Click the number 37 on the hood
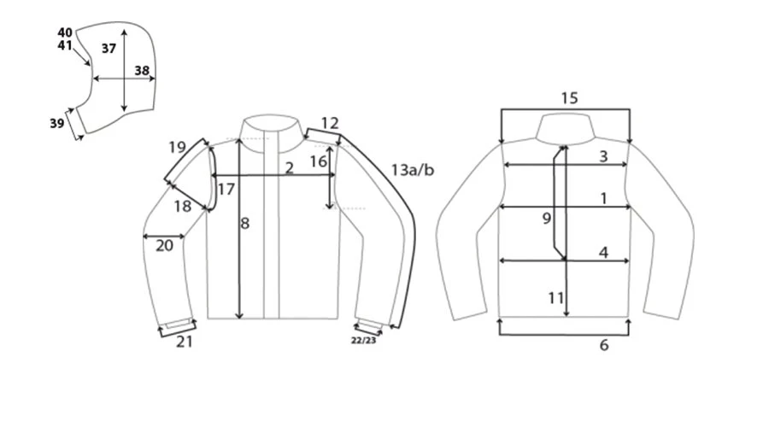pos(109,49)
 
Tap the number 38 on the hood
pos(142,71)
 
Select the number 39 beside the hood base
pos(57,123)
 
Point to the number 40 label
pos(65,32)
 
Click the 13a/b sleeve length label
pos(413,170)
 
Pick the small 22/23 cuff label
pos(363,340)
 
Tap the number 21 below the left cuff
pos(185,342)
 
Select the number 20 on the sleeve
pos(164,246)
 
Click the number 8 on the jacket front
pos(244,224)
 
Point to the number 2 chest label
pos(290,168)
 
